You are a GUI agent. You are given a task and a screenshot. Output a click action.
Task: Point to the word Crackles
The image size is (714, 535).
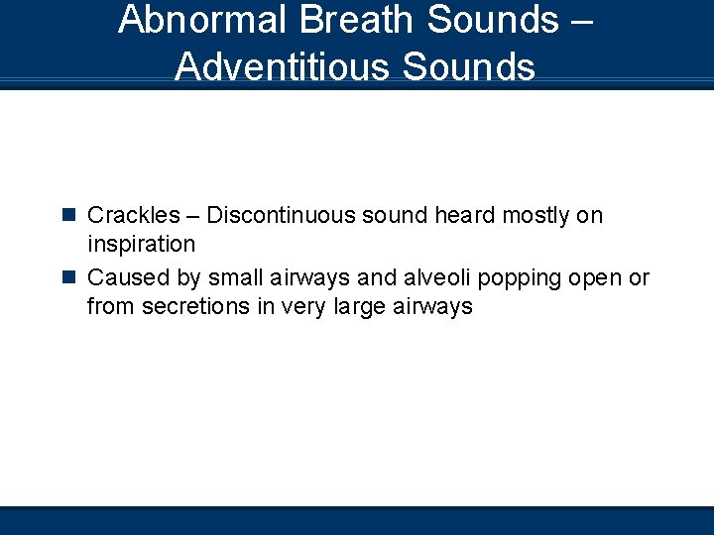(134, 215)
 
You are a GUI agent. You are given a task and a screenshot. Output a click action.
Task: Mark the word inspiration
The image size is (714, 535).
(141, 244)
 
